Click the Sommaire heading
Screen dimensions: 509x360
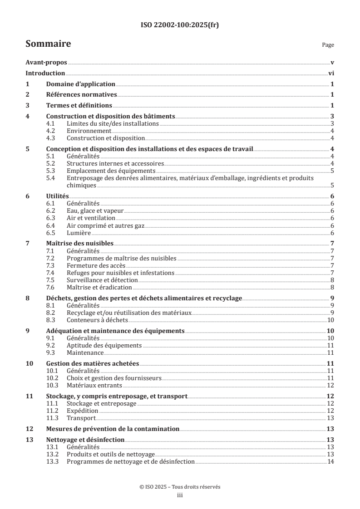pos(48,44)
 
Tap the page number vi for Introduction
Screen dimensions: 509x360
pos(331,73)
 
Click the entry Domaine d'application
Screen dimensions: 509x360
pos(81,84)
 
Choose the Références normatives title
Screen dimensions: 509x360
pos(82,95)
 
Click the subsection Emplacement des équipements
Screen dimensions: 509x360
pos(111,171)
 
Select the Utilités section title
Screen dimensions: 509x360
pos(58,196)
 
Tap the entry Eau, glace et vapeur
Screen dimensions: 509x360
pos(95,210)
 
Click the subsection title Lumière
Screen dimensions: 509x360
pos(79,232)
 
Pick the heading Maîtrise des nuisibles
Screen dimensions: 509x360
pos(80,243)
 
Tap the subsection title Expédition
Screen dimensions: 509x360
pos(82,410)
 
